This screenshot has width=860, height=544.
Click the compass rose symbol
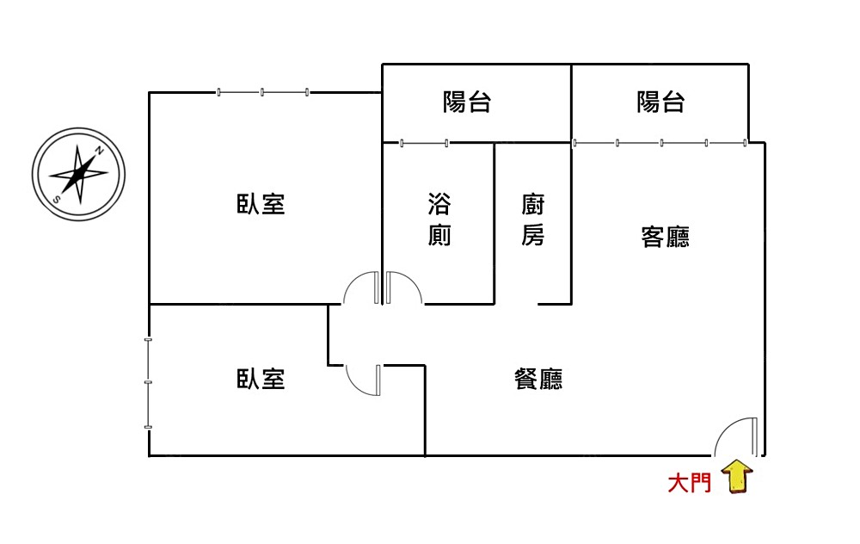pos(78,174)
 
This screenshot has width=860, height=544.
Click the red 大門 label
pos(690,483)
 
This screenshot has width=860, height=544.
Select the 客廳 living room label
pos(665,237)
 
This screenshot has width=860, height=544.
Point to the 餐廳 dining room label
pos(538,379)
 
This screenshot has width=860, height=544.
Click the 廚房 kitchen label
pos(533,220)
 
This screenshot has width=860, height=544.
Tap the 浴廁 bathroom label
pos(439,220)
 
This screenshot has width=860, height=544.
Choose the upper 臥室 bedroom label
pos(261,205)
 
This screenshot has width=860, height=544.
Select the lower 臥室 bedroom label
pos(261,379)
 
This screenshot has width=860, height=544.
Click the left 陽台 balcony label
pos(467,102)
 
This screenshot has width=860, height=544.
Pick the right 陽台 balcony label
pos(660,102)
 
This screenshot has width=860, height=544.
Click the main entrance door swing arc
pos(733,435)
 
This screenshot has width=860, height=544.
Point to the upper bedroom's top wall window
pos(262,92)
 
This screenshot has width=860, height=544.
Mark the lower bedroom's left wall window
pos(149,383)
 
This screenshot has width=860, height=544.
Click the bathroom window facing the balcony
pos(424,143)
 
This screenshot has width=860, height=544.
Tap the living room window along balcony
pos(660,143)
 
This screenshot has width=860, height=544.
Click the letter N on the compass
pos(100,151)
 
